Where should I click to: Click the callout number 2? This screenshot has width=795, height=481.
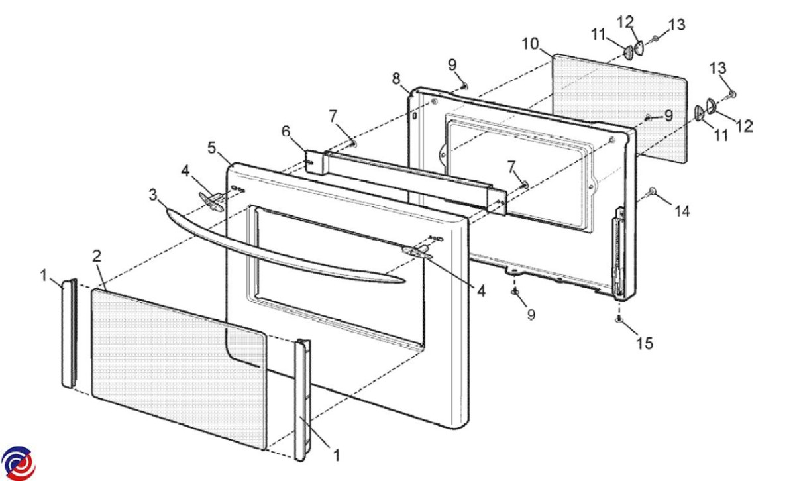tap(97, 256)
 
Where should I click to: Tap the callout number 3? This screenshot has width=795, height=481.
tap(152, 195)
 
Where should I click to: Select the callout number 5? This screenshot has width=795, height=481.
tap(211, 148)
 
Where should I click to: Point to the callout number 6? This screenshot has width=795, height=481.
tap(286, 131)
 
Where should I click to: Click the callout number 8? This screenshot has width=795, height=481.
tap(396, 78)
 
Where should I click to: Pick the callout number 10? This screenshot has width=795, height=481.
tap(531, 44)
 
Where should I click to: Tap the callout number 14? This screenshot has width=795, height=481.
tap(682, 211)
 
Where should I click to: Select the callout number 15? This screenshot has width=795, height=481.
tap(645, 343)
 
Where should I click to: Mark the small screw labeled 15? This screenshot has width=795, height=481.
tap(619, 319)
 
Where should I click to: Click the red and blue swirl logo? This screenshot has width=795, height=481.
tap(18, 463)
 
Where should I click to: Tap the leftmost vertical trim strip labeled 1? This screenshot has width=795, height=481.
tap(70, 333)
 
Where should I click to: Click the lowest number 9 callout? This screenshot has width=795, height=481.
tap(531, 315)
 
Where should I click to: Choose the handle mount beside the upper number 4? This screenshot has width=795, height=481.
tap(211, 201)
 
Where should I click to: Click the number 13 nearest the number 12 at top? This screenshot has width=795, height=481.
tap(677, 25)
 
